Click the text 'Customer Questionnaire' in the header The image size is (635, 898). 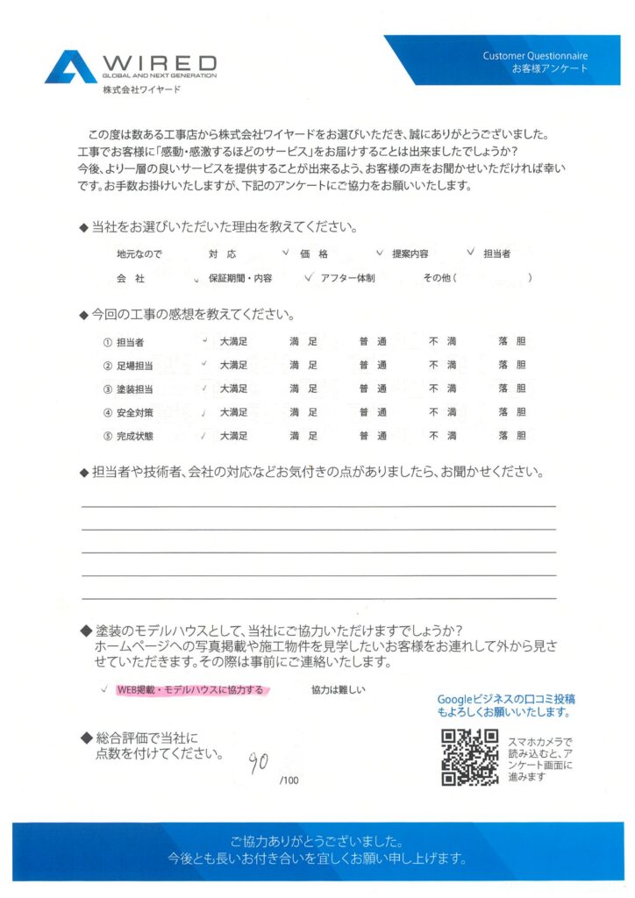tap(535, 56)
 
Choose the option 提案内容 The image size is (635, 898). tap(410, 253)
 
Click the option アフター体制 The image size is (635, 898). tap(347, 278)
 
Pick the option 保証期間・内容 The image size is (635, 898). tap(239, 278)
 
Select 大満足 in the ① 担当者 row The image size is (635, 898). tap(234, 340)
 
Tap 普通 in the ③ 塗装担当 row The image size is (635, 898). tap(373, 388)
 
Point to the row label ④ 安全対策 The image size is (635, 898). tap(130, 412)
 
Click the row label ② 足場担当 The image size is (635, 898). tap(130, 365)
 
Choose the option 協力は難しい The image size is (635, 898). tap(338, 690)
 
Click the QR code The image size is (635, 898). tap(469, 757)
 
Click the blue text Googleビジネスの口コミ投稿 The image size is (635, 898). tap(506, 699)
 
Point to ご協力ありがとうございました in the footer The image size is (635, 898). tap(317, 839)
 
